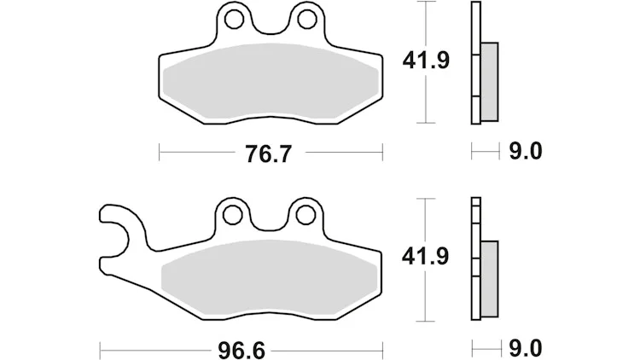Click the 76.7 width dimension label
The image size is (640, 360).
click(269, 154)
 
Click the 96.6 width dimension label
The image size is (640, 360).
click(241, 351)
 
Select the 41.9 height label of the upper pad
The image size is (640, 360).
click(426, 61)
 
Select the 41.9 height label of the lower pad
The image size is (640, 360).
click(425, 256)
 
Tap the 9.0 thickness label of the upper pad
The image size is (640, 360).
click(526, 152)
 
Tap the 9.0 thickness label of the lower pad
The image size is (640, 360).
click(526, 349)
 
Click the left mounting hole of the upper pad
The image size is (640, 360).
click(234, 19)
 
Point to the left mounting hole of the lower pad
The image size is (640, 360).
click(233, 215)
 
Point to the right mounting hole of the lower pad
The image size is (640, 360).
click(305, 215)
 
